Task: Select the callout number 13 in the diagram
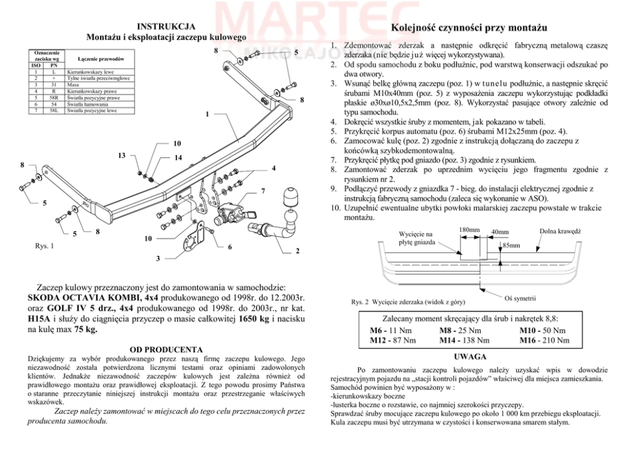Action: click(x=122, y=155)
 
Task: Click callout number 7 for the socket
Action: click(x=263, y=191)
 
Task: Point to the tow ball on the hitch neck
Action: click(x=292, y=195)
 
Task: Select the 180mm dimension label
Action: click(x=469, y=229)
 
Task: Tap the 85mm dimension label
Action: click(x=511, y=245)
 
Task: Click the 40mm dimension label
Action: click(x=499, y=232)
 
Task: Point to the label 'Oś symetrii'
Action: click(x=520, y=299)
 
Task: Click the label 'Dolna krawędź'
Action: click(x=560, y=230)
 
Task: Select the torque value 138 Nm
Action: click(x=475, y=340)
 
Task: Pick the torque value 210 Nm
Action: click(x=554, y=340)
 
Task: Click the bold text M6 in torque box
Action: click(x=378, y=331)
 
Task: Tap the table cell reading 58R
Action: click(x=54, y=97)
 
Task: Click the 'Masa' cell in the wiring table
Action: click(x=73, y=84)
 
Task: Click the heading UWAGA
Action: click(x=469, y=356)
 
